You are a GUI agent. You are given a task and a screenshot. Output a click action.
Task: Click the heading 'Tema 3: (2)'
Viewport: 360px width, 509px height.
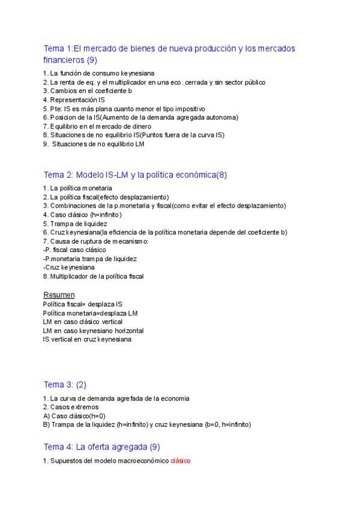(65, 384)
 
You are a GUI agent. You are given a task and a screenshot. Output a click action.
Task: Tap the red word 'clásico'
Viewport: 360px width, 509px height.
(180, 461)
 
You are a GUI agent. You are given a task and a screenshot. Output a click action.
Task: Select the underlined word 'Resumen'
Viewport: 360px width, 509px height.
(59, 295)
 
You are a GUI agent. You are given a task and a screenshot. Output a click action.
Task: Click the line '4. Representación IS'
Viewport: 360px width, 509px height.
(73, 100)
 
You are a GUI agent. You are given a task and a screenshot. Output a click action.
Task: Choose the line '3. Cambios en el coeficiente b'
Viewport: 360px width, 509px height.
(87, 91)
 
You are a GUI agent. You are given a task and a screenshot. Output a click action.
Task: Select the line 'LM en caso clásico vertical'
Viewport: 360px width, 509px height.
(83, 322)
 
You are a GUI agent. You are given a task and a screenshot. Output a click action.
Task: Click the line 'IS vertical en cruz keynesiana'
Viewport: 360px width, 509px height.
(87, 339)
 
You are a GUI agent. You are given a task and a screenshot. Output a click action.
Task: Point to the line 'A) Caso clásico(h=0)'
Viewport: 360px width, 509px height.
(74, 415)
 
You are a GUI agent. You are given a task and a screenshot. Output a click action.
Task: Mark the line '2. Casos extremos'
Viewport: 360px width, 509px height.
(71, 407)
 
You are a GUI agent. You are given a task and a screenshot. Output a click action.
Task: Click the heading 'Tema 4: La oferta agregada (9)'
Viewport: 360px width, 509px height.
(101, 447)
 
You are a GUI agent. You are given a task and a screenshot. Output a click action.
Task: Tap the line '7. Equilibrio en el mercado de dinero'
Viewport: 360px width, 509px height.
(97, 126)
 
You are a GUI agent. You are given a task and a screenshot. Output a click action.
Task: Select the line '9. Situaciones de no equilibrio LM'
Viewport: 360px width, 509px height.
(95, 144)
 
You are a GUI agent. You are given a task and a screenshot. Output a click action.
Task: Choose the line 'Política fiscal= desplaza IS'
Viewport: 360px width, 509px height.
(82, 304)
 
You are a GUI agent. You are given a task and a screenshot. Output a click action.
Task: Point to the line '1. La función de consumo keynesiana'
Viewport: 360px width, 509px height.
(94, 73)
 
